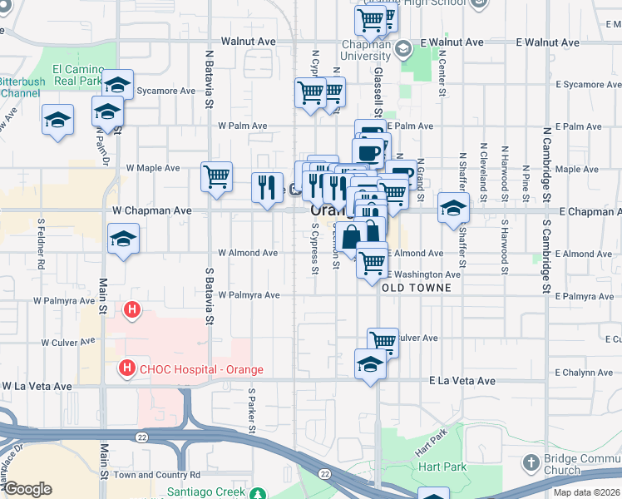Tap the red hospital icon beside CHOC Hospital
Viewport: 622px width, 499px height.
pos(127,367)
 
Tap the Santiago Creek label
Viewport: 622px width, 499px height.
pos(207,492)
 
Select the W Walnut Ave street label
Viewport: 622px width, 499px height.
pos(248,41)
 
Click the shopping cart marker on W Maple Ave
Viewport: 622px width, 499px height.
pos(216,175)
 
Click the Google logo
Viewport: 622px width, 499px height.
pos(27,489)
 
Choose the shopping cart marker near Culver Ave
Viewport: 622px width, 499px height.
pos(383,341)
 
